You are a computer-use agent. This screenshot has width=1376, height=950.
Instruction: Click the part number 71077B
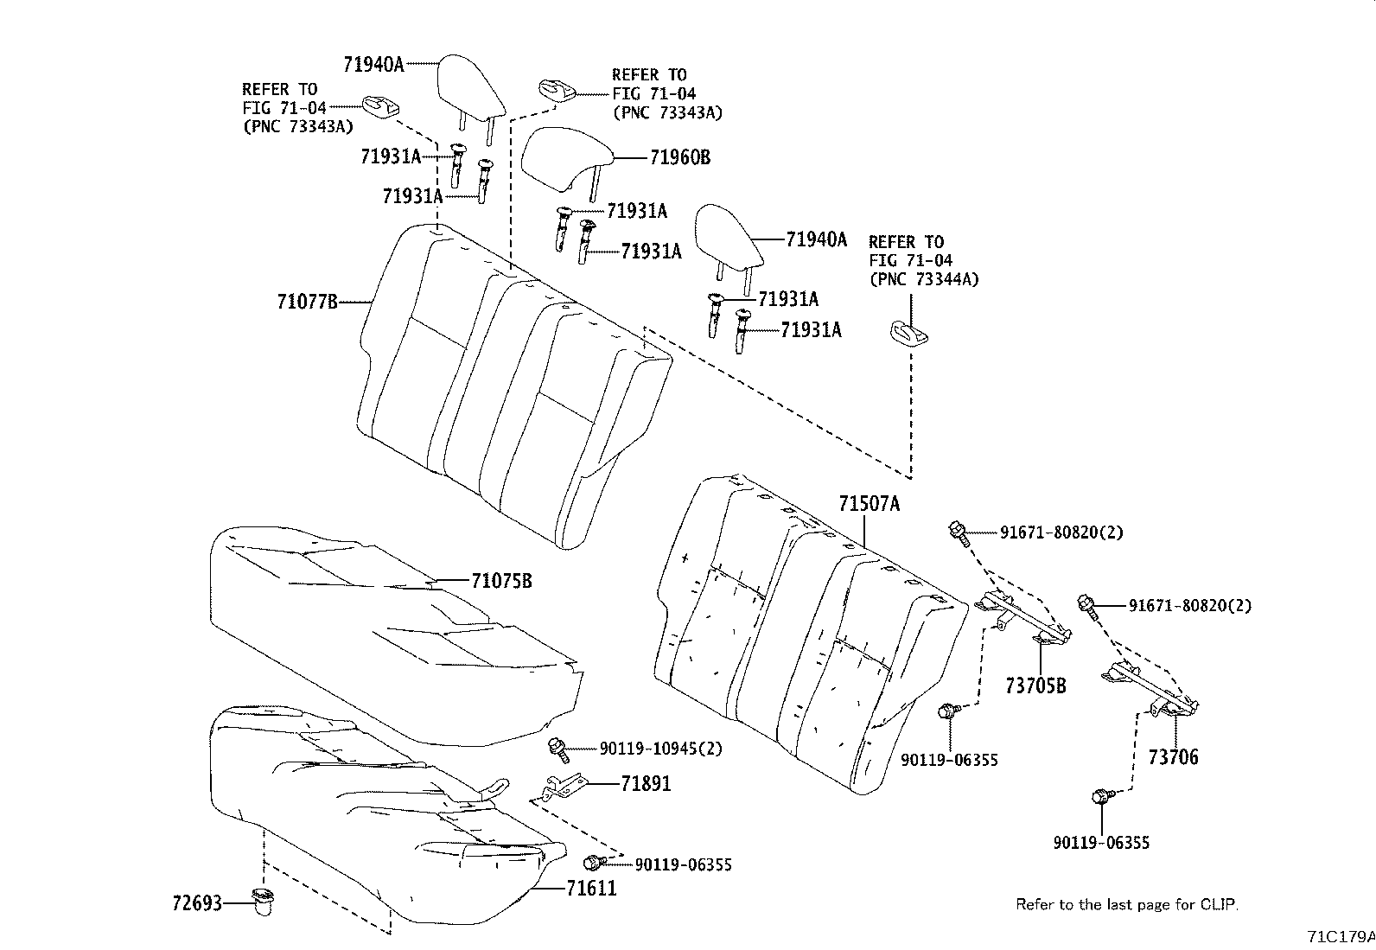click(307, 303)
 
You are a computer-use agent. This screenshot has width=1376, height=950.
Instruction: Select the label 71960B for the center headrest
click(679, 157)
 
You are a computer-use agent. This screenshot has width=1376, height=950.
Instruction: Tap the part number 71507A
click(869, 504)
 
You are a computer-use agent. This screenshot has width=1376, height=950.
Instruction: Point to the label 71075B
click(501, 581)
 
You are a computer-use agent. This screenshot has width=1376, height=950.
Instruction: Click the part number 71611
click(591, 888)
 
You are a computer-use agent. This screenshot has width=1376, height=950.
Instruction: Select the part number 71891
click(645, 784)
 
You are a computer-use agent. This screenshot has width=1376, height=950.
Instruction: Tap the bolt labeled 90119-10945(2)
click(557, 749)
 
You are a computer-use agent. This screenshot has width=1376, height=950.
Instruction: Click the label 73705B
click(1035, 686)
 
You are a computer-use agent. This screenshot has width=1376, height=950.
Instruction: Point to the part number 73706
click(1173, 758)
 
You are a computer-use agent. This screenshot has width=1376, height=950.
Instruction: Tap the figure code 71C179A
click(1340, 936)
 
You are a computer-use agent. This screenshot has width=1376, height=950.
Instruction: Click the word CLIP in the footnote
click(1219, 905)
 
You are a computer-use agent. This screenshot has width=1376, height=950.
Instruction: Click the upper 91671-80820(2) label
click(1061, 533)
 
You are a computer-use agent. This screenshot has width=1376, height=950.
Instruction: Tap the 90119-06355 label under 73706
click(1101, 843)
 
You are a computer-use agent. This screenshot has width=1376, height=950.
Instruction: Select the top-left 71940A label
click(373, 64)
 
